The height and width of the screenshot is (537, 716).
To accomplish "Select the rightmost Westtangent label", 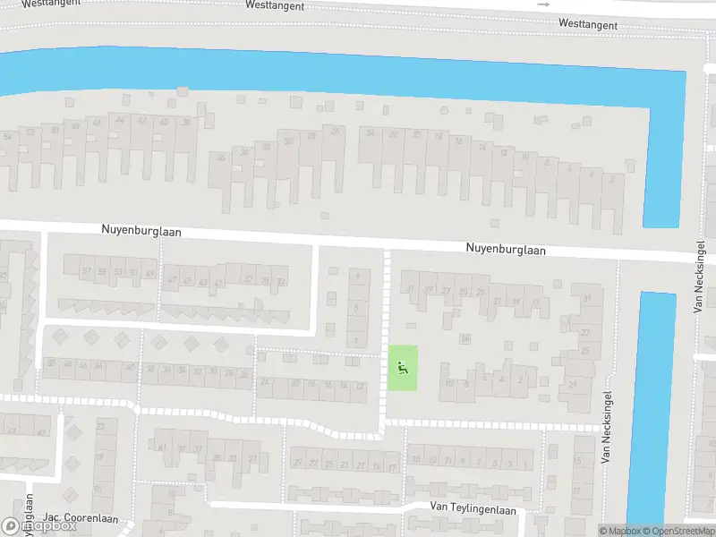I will click(588, 24).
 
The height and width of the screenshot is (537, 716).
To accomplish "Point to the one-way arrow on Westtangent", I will click(543, 4).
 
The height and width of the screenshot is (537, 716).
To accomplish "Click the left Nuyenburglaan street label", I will click(141, 231).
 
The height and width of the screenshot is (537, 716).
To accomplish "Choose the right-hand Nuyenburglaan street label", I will click(505, 250).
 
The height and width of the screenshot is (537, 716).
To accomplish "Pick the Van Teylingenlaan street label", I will click(473, 508).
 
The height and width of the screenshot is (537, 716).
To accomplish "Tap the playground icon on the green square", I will click(402, 367).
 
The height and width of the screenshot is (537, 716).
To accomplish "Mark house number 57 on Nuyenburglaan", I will click(87, 271).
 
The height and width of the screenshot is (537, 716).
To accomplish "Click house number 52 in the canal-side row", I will click(30, 132).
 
